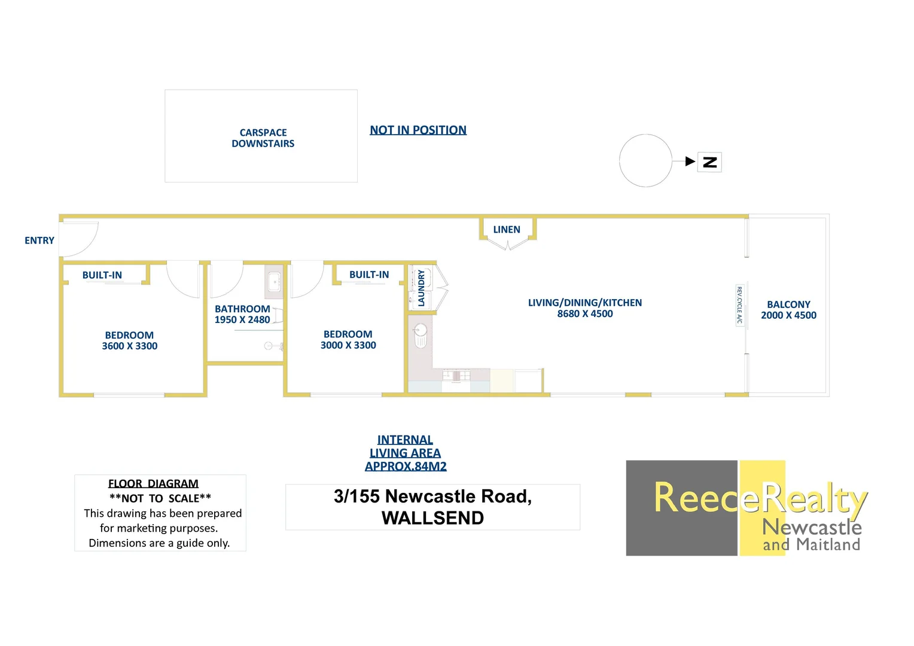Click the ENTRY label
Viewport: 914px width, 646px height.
(x=39, y=240)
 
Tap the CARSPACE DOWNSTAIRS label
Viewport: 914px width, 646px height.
(x=263, y=138)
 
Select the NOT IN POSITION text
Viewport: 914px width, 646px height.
(x=418, y=130)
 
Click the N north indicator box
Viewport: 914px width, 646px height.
(x=710, y=162)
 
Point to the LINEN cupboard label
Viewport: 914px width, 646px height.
(x=507, y=230)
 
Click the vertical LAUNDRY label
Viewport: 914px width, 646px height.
(x=421, y=288)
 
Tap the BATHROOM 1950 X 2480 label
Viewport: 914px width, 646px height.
(x=242, y=314)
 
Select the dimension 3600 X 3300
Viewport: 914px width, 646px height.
(x=130, y=346)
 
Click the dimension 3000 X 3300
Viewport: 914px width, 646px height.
(x=348, y=345)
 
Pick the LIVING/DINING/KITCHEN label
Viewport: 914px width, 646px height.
(x=585, y=303)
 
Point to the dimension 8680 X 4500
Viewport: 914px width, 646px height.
(x=585, y=314)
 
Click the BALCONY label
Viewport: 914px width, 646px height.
(x=788, y=304)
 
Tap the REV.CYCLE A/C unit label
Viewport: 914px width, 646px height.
(x=739, y=305)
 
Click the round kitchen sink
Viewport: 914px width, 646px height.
(x=421, y=330)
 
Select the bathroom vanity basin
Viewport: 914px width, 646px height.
(x=274, y=281)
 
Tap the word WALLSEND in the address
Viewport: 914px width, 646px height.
(x=432, y=518)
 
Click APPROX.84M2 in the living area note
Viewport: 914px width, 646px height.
(x=406, y=467)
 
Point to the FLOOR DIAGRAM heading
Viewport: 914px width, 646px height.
(x=153, y=483)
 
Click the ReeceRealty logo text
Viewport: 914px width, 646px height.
(x=760, y=498)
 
